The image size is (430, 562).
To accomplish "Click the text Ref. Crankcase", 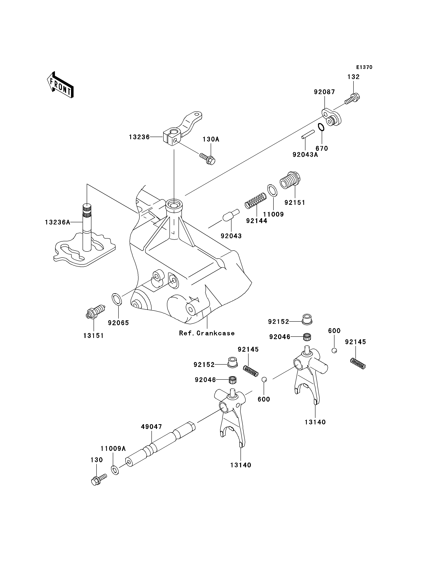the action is tap(207, 333).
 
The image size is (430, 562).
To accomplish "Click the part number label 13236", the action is tap(139, 137).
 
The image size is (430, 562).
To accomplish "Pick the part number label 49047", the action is tap(151, 427).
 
